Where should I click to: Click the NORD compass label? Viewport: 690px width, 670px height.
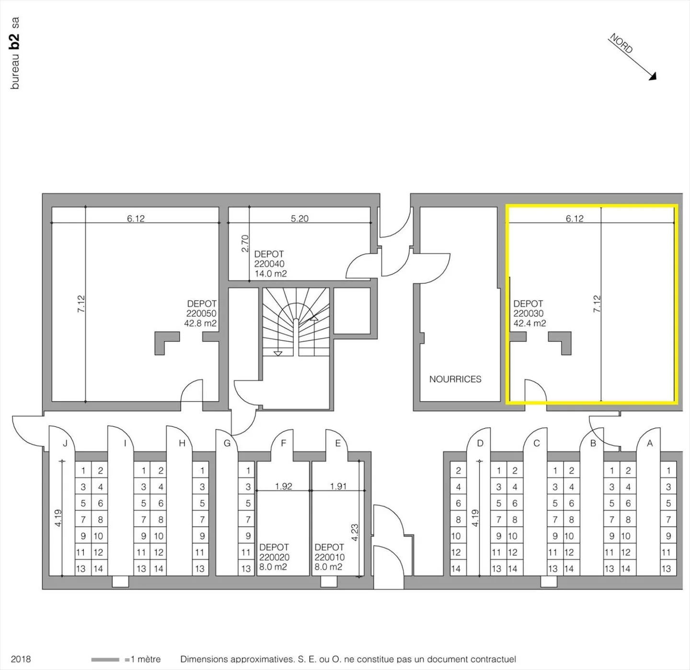coord(621,43)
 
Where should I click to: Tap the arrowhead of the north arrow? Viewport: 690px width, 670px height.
coord(653,77)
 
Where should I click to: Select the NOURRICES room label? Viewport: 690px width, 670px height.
coord(455,379)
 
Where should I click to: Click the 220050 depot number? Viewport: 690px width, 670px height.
coord(201,313)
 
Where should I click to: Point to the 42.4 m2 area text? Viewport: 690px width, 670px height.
coord(530,323)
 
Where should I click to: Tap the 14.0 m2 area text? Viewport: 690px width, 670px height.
coord(271,274)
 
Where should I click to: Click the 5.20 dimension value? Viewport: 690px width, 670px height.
coord(299,219)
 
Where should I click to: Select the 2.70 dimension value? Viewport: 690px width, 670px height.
coord(245,243)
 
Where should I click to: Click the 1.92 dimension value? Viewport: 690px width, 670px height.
coord(284,486)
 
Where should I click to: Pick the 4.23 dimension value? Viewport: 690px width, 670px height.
coord(355,532)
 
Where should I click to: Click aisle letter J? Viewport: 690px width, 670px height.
coord(65,443)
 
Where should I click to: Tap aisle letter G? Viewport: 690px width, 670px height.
coord(227,443)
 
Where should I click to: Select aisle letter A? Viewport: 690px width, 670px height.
coord(650,443)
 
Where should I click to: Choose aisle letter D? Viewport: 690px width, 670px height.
coord(480,443)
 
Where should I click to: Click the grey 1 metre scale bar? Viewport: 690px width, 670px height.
coord(105,659)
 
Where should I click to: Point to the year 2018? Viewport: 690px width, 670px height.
coord(21,659)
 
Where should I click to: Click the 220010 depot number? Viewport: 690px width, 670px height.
coord(329,557)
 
